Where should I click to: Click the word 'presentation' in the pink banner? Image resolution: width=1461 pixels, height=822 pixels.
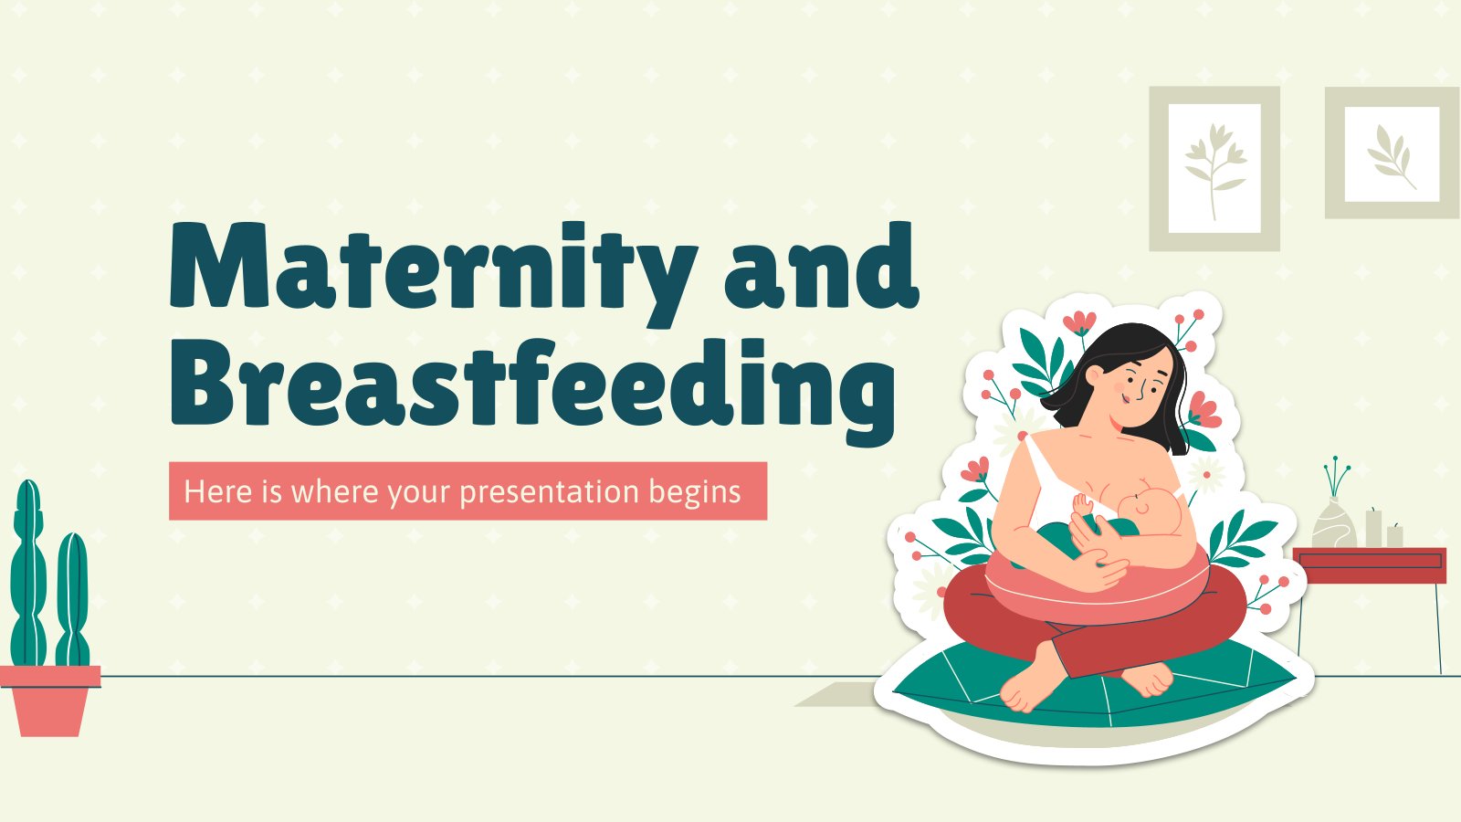549,492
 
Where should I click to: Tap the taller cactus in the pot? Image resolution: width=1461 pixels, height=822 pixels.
28,573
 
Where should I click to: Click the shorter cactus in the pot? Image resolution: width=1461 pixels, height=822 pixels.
72,599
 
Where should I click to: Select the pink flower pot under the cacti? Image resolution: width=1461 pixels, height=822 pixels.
50,701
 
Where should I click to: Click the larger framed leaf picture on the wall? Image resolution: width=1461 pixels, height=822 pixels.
1214,168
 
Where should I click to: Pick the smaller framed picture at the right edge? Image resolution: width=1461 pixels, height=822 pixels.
1392,153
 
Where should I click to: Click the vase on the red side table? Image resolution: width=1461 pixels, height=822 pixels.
1334,522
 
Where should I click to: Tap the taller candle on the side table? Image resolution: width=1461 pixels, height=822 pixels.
1373,529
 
